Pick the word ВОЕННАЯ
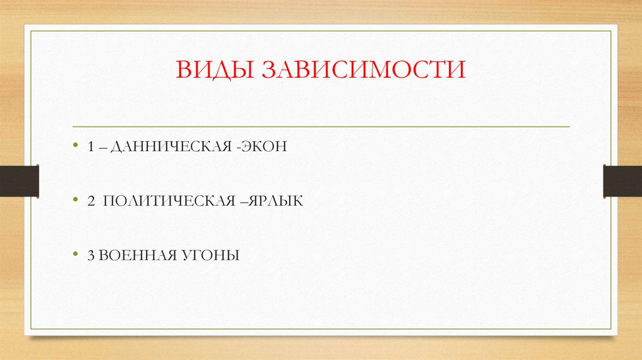point(129,255)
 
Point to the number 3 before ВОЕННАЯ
point(92,255)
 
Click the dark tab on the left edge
point(19,181)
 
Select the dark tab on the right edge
point(623,181)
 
